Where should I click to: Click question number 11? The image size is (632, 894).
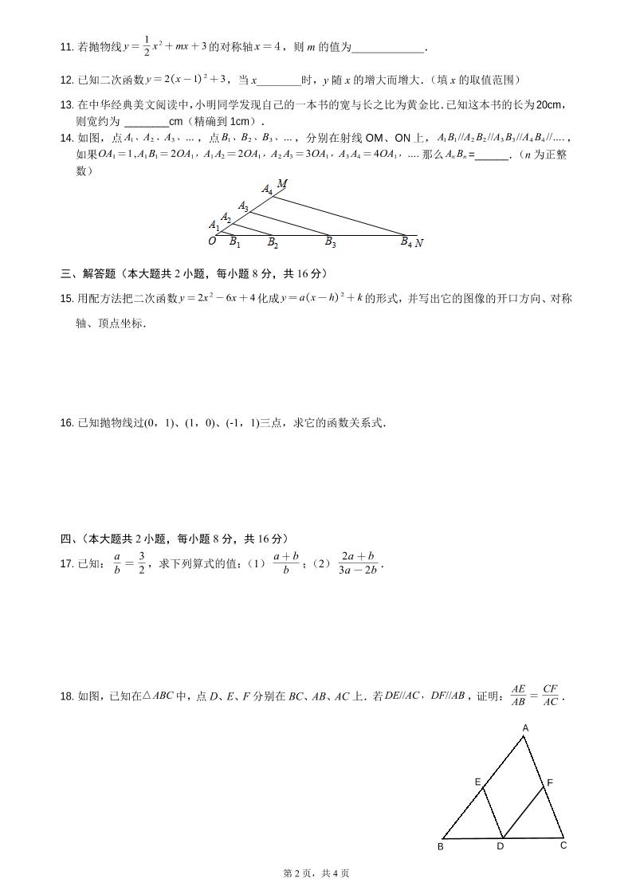point(67,48)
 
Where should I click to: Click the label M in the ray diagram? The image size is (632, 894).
point(282,184)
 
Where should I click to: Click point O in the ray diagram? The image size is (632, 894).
point(212,241)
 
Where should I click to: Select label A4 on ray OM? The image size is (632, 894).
point(267,190)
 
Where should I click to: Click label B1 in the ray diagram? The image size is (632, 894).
point(235,242)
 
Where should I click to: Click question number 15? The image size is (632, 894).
point(67,299)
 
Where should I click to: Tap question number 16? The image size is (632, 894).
point(67,422)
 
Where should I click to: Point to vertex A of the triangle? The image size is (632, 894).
point(525,728)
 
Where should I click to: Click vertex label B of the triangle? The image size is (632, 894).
point(441,846)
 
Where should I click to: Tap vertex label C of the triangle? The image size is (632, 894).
point(563,845)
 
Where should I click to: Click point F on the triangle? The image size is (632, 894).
point(550,782)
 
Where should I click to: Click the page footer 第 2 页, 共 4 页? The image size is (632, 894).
point(316,873)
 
